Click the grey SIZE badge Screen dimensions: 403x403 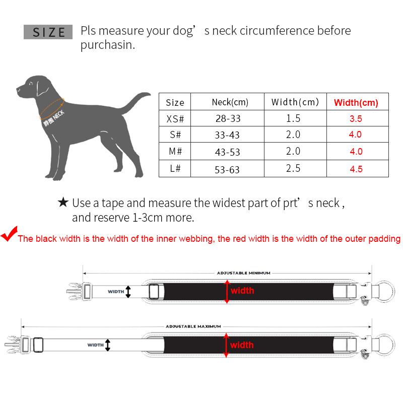click(49, 32)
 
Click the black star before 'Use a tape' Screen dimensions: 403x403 click(63, 203)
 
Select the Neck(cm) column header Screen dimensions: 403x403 click(230, 102)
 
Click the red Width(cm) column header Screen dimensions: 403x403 click(356, 103)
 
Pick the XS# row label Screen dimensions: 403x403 click(175, 119)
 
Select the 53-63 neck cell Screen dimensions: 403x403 click(227, 169)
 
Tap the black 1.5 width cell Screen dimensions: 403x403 click(293, 119)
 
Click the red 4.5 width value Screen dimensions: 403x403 click(356, 169)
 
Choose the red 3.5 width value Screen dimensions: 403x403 click(356, 119)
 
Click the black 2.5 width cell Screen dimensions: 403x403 click(293, 168)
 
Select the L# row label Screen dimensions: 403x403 click(175, 169)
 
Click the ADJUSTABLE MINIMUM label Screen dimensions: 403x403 click(243, 273)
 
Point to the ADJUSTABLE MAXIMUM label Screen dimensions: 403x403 click(193, 326)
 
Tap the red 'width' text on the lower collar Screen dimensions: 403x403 click(242, 345)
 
